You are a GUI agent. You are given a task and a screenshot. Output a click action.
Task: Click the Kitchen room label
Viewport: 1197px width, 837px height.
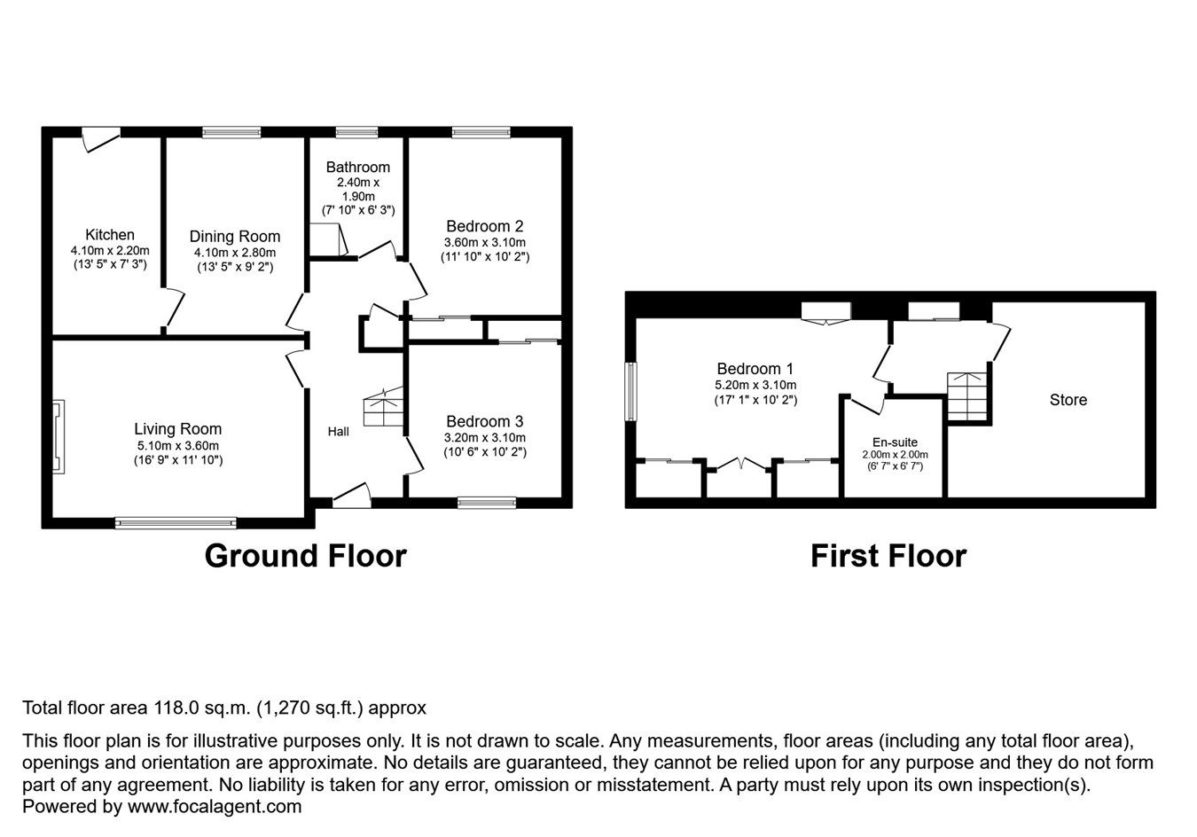(x=110, y=235)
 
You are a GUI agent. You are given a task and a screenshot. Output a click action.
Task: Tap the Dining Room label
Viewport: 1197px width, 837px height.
(x=235, y=237)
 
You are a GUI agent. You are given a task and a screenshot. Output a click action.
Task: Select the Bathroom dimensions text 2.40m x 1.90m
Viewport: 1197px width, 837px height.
(x=357, y=189)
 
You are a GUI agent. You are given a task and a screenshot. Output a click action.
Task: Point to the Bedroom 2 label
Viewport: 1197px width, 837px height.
(x=484, y=226)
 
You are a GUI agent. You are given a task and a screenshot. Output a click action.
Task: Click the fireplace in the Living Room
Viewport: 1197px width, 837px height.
(x=59, y=437)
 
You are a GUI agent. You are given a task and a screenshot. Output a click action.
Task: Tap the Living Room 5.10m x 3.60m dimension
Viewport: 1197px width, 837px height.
(x=177, y=445)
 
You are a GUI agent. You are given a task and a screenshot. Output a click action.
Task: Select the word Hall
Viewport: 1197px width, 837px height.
(x=338, y=432)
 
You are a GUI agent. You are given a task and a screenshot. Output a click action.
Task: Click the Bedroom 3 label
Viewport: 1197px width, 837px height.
(x=484, y=422)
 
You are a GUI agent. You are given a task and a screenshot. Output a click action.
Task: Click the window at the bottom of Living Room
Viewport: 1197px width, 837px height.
(x=176, y=523)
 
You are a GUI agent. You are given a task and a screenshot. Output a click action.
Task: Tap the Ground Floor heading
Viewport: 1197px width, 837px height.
(x=305, y=556)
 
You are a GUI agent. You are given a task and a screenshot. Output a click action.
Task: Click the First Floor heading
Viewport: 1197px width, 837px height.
(x=888, y=556)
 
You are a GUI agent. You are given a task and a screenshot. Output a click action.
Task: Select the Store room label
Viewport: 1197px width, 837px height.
(x=1068, y=400)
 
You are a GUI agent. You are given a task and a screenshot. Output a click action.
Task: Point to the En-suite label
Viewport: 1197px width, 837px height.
(x=895, y=442)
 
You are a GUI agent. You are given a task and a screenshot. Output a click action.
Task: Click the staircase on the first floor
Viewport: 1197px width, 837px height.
(x=966, y=396)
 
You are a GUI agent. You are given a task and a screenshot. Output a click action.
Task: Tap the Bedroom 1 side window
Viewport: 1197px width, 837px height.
(x=630, y=391)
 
